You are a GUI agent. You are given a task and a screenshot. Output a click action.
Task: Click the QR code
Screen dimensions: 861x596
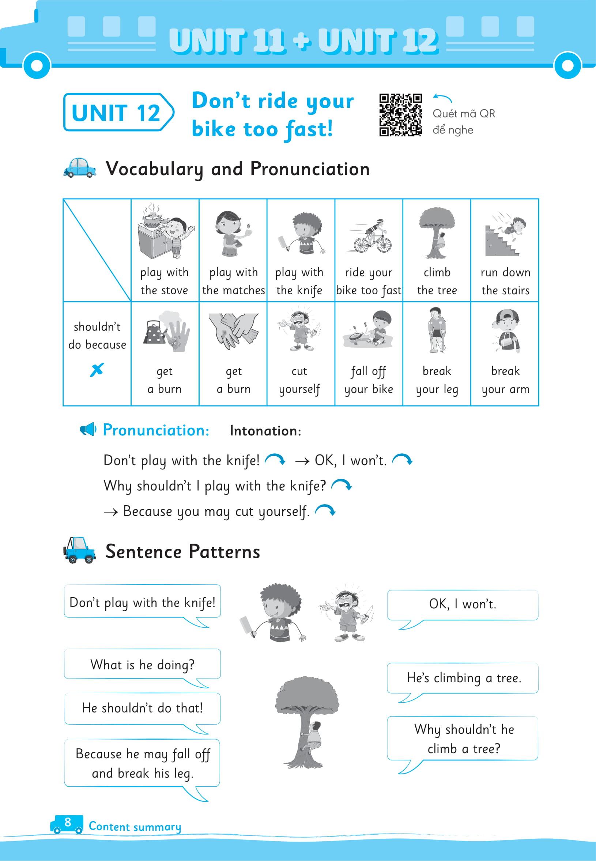click(400, 115)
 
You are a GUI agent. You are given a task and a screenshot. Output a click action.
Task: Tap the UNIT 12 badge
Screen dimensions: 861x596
click(117, 112)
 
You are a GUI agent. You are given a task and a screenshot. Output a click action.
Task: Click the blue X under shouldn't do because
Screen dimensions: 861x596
click(97, 370)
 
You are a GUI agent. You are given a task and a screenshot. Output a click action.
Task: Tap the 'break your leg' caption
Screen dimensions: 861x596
click(437, 380)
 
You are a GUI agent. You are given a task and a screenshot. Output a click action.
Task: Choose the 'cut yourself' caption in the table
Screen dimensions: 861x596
click(299, 380)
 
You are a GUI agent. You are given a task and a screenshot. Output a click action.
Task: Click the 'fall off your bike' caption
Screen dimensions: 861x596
click(369, 380)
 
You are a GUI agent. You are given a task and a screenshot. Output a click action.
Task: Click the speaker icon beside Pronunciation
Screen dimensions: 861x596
click(88, 430)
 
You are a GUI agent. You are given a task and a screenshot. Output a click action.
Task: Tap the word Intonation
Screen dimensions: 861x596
click(265, 431)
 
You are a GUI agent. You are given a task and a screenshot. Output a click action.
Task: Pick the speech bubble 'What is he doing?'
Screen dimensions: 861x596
click(142, 665)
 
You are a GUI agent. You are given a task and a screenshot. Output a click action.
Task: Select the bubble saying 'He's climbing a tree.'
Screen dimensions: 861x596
click(463, 678)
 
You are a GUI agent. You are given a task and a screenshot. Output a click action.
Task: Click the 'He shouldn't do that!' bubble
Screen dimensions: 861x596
click(142, 708)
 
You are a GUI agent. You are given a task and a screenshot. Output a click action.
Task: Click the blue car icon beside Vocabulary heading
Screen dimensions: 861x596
click(80, 168)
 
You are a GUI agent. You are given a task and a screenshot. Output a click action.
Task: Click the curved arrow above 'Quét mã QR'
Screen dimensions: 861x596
click(442, 98)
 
